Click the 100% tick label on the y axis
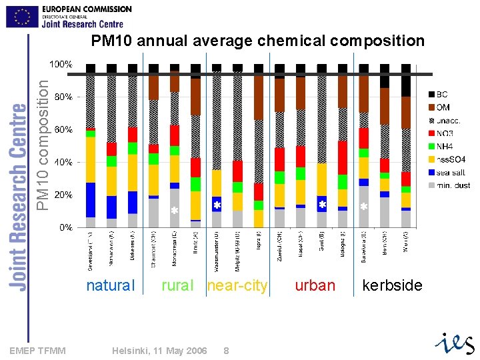click(61, 65)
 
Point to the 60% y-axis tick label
click(63, 129)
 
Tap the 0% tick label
click(65, 227)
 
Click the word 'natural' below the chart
click(111, 286)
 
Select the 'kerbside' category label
click(392, 286)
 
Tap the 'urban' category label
click(315, 286)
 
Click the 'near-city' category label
click(237, 286)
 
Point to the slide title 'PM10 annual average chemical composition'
click(257, 41)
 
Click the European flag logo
click(22, 16)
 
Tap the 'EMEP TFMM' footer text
click(38, 351)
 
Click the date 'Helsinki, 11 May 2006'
click(159, 351)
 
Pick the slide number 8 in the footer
click(227, 351)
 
